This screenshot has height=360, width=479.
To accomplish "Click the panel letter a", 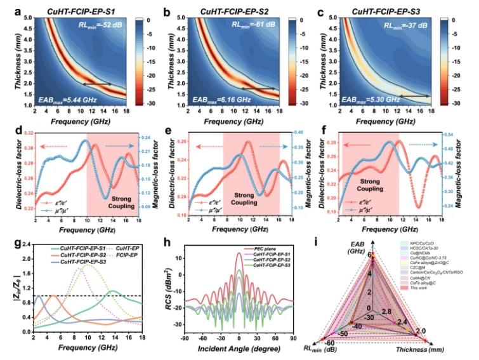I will coord(6,10).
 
